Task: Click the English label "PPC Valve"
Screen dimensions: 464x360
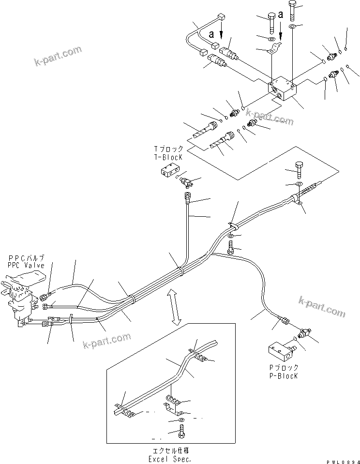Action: point(26,266)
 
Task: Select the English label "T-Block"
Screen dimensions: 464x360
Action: point(168,158)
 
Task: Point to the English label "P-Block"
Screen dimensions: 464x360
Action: point(285,376)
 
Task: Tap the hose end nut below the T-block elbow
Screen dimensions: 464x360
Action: point(188,196)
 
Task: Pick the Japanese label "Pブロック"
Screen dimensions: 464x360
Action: point(285,368)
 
